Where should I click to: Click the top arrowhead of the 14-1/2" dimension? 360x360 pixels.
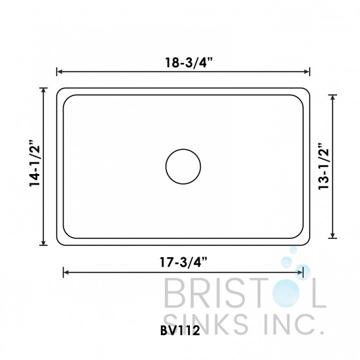click(45, 91)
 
